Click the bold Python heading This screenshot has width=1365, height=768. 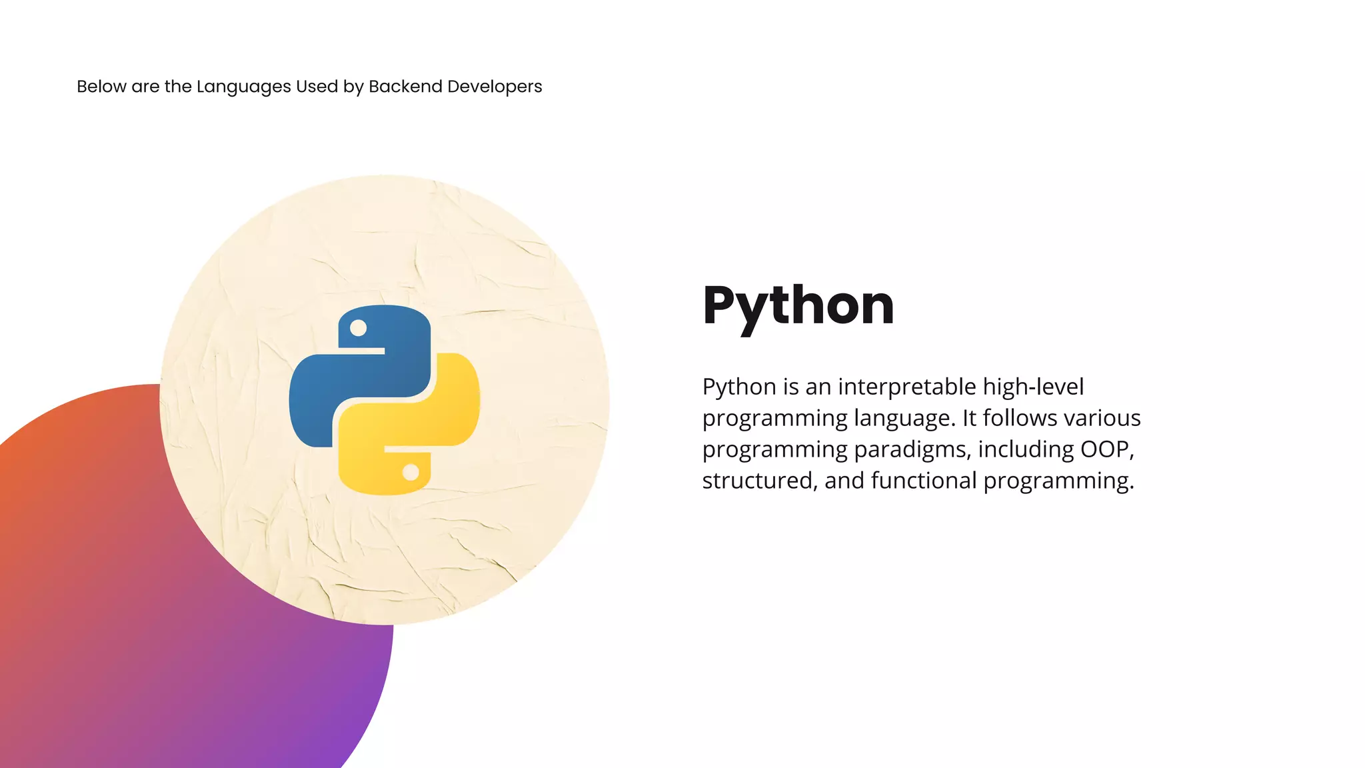click(798, 305)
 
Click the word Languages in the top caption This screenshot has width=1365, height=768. click(243, 87)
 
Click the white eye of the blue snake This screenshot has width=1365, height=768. click(359, 328)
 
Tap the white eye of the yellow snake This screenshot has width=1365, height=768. click(411, 472)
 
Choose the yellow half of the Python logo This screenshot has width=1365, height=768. click(427, 427)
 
